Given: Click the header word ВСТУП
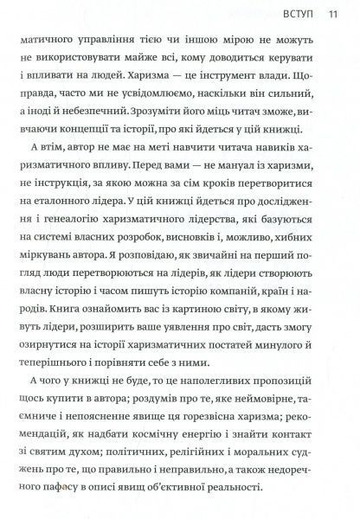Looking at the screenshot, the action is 301,13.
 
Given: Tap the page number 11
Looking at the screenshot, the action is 333,13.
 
